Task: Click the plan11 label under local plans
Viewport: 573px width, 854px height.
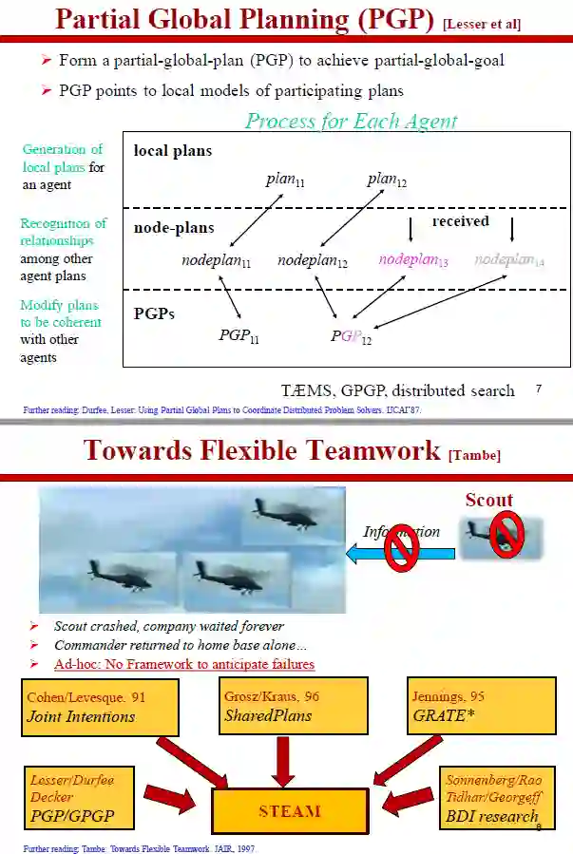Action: [286, 181]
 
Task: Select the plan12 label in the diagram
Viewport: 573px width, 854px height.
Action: [388, 180]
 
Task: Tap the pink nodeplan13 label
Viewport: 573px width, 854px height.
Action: [413, 259]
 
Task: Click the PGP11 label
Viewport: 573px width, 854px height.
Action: [239, 335]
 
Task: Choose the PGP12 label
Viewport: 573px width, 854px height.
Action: [351, 336]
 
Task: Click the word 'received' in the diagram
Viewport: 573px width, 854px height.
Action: [460, 221]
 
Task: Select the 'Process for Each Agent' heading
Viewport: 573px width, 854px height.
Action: [351, 121]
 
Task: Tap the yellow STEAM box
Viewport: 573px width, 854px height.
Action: [290, 811]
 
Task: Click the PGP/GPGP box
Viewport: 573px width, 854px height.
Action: [85, 798]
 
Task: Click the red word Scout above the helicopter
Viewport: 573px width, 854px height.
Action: [488, 500]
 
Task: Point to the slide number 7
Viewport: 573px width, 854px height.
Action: [539, 388]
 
